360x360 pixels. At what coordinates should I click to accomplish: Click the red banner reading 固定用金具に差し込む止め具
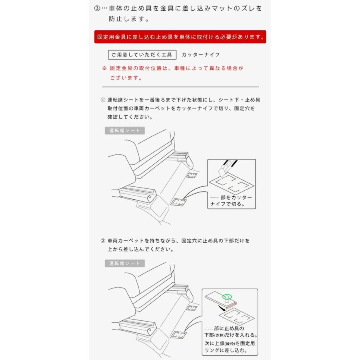tap(180, 37)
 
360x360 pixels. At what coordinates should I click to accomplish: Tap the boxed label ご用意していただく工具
tap(142, 55)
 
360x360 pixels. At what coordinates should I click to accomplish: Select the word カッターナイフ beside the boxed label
tap(201, 55)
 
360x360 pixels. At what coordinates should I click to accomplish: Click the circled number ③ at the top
tap(97, 8)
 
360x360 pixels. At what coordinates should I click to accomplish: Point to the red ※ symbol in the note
tap(104, 68)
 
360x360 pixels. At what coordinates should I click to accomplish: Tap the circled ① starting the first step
tap(103, 100)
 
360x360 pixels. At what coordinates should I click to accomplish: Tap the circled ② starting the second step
tap(103, 241)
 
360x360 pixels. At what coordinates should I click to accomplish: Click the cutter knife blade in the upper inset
tap(223, 170)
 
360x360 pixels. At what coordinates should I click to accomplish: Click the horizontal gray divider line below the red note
tap(180, 87)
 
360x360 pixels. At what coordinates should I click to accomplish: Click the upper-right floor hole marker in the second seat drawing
tap(192, 308)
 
